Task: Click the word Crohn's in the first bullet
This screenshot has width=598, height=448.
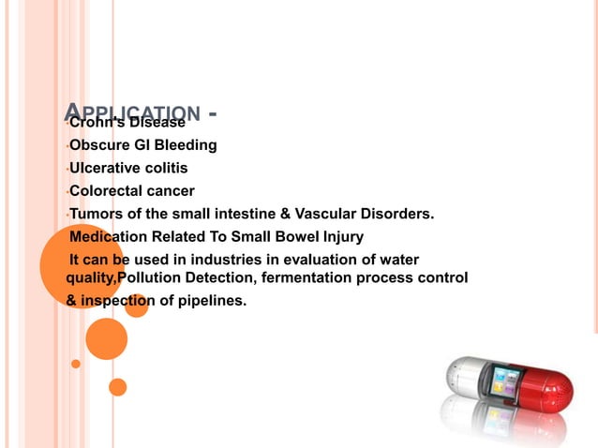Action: pyautogui.click(x=97, y=123)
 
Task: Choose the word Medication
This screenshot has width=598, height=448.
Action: pyautogui.click(x=109, y=236)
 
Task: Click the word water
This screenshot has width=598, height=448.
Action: pyautogui.click(x=400, y=259)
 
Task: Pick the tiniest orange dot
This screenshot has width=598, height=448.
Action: pyautogui.click(x=76, y=364)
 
